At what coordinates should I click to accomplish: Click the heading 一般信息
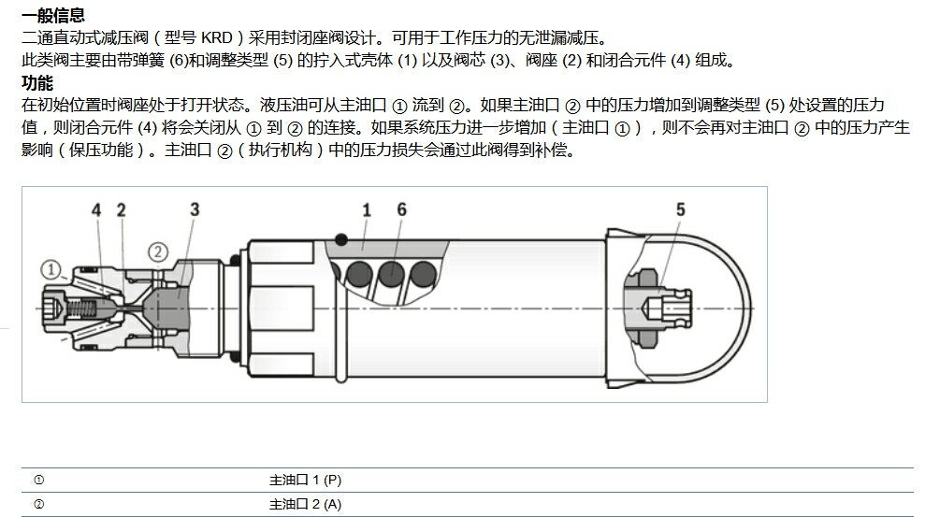[x=53, y=15]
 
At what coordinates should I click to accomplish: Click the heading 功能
[x=37, y=82]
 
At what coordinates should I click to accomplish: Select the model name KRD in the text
[x=217, y=37]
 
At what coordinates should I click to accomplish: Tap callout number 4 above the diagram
[x=96, y=209]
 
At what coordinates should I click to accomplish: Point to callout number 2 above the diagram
[x=121, y=209]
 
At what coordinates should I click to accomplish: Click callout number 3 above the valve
[x=195, y=209]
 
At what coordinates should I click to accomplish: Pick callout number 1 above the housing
[x=367, y=209]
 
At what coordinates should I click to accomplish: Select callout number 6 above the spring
[x=402, y=209]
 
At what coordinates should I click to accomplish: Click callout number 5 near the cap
[x=681, y=209]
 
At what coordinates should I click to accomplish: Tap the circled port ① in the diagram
[x=51, y=270]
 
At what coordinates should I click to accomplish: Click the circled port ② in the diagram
[x=157, y=252]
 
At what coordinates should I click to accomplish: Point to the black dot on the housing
[x=341, y=239]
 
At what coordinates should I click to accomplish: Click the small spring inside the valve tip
[x=80, y=308]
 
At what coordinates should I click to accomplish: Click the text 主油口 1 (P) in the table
[x=306, y=480]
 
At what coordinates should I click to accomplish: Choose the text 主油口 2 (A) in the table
[x=306, y=505]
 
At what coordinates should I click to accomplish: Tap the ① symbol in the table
[x=39, y=480]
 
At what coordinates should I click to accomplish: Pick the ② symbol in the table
[x=39, y=505]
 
